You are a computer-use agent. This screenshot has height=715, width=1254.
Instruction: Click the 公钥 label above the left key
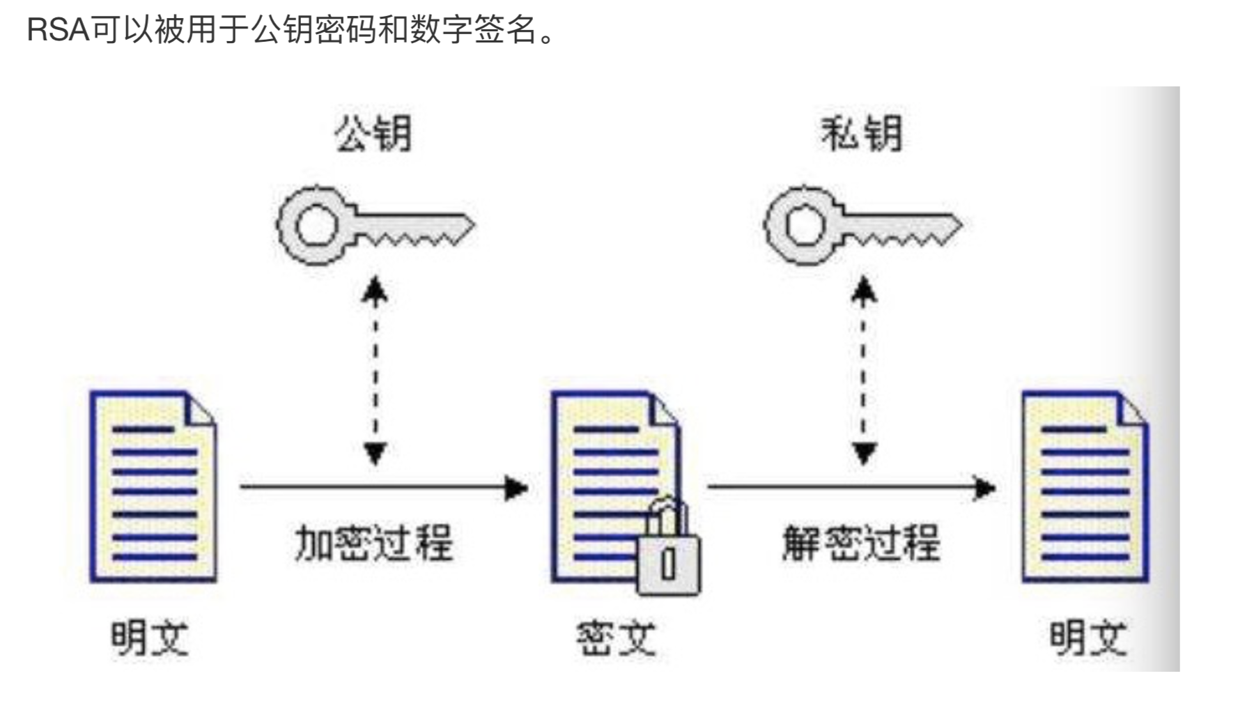(373, 133)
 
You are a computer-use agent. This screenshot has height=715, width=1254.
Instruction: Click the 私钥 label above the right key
(862, 133)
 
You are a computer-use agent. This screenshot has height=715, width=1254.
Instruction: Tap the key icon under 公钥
(375, 224)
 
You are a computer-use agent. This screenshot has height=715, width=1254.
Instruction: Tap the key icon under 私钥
(862, 224)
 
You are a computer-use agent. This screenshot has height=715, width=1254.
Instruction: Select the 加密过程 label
(373, 543)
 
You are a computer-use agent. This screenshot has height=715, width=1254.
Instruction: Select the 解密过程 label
(861, 543)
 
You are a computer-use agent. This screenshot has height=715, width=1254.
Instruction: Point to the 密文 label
(616, 638)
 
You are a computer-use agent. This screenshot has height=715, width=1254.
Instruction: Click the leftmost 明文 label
(150, 638)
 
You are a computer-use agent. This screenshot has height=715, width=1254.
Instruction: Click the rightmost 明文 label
(1087, 638)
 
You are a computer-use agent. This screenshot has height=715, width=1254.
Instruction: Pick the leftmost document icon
(153, 487)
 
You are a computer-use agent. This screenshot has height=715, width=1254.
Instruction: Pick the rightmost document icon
(1085, 487)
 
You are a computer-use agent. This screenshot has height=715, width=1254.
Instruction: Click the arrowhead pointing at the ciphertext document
(516, 488)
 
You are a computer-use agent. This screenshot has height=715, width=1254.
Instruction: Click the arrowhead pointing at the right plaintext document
(984, 488)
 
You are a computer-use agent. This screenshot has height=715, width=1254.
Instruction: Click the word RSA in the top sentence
(59, 30)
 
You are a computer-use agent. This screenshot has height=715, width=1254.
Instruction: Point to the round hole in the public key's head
(316, 224)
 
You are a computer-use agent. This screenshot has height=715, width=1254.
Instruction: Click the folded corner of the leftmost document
(202, 408)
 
